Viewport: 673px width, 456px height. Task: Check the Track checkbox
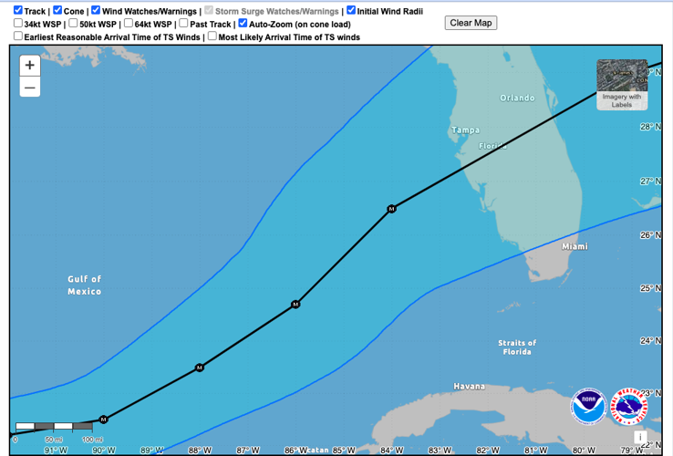(x=18, y=11)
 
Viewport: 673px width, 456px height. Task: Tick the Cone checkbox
(x=57, y=11)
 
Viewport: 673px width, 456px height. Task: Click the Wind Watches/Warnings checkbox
(x=96, y=11)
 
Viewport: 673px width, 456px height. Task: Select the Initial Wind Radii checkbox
(x=351, y=11)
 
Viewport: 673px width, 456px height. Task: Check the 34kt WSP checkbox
(x=18, y=24)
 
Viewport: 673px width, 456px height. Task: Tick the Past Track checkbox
(x=183, y=24)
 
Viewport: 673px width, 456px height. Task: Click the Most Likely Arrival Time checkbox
(x=212, y=36)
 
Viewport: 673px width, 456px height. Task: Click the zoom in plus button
(x=30, y=66)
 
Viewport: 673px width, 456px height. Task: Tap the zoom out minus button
(x=30, y=88)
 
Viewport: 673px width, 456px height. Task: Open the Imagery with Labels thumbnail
(x=622, y=85)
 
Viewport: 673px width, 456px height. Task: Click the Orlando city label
(x=517, y=98)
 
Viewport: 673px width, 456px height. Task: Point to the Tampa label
(x=465, y=130)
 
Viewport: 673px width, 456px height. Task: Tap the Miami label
(x=575, y=246)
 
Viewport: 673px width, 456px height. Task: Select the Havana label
(x=470, y=387)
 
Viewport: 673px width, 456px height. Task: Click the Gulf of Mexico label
(x=85, y=285)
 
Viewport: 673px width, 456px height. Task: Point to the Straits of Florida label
(x=517, y=347)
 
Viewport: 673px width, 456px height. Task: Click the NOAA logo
(x=588, y=407)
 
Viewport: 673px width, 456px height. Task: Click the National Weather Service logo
(x=628, y=407)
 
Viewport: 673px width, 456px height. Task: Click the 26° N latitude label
(x=649, y=235)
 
